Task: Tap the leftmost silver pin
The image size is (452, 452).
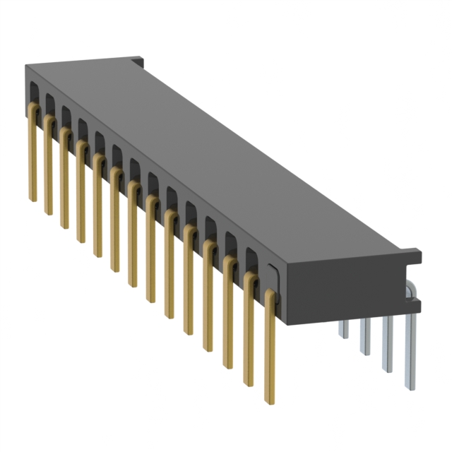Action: point(343,328)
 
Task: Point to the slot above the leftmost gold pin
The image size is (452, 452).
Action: point(33,90)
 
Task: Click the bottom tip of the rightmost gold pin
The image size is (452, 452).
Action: point(270,401)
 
